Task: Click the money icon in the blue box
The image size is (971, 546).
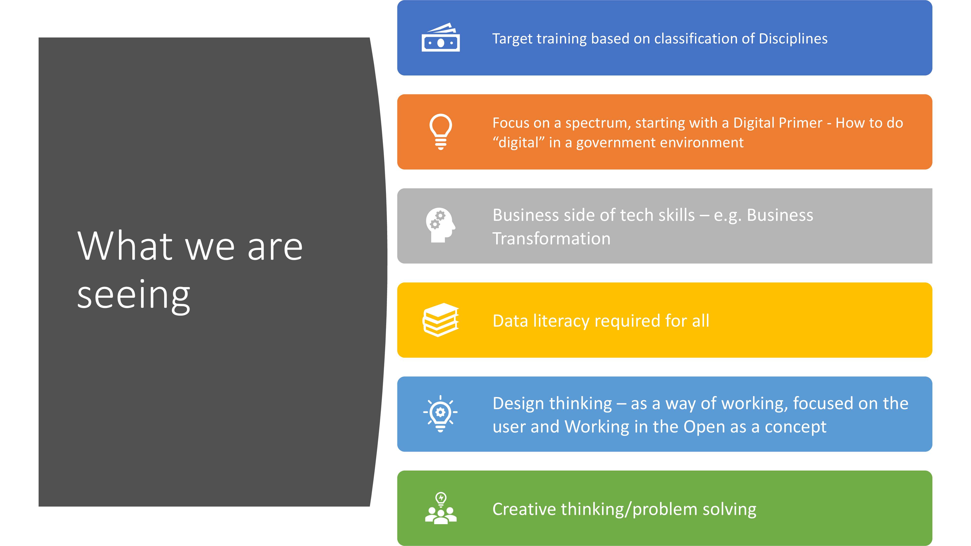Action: (x=441, y=37)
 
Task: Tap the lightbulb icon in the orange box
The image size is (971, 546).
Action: (x=441, y=132)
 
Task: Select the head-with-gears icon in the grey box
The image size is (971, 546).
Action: (x=441, y=225)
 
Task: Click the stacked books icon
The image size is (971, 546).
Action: (x=441, y=320)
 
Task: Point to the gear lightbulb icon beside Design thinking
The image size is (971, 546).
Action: (x=440, y=413)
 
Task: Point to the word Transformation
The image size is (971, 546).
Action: (x=552, y=239)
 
